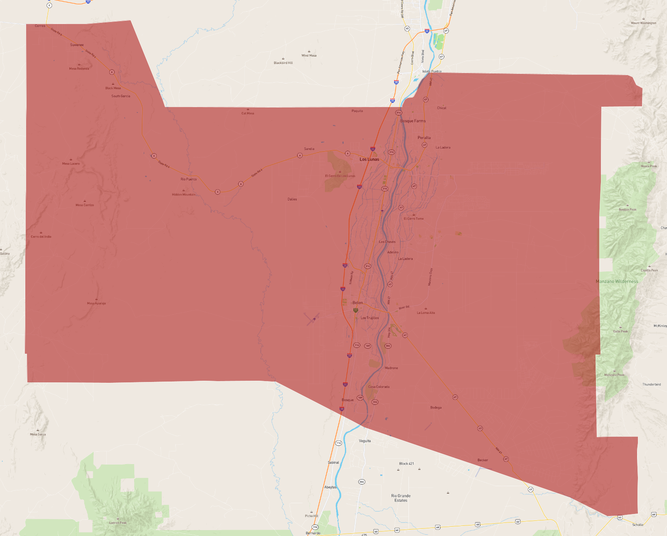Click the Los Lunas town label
[369, 159]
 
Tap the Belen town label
[357, 303]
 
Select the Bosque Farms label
[413, 121]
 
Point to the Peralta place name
[424, 138]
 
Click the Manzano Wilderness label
[617, 281]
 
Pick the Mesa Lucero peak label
[71, 164]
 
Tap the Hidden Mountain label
[184, 195]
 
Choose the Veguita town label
[364, 441]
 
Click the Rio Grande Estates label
[401, 498]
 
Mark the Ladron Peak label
[118, 523]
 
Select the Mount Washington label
[643, 23]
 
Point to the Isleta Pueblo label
[432, 71]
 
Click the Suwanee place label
[77, 45]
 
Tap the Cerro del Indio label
[41, 237]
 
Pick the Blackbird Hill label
[283, 63]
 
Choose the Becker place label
[482, 460]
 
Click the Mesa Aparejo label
[96, 303]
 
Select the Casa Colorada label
[379, 387]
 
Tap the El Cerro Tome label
[413, 219]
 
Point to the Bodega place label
[436, 408]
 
